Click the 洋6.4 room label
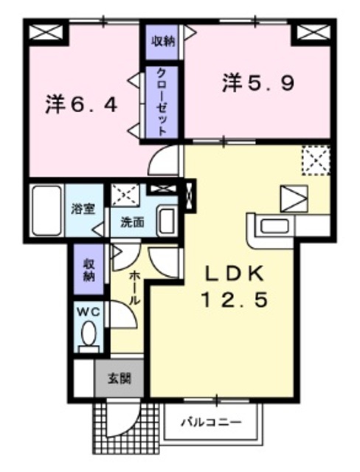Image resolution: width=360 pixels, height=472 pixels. (x=82, y=105)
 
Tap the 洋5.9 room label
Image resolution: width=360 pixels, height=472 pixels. (x=259, y=83)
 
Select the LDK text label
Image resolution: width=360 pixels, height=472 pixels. (x=233, y=273)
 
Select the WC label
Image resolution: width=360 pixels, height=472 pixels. (x=89, y=311)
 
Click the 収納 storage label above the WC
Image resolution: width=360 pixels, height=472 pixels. (x=89, y=270)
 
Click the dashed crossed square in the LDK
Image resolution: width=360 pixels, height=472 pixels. (x=314, y=160)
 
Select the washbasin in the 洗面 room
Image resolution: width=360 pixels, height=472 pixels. (x=167, y=220)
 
